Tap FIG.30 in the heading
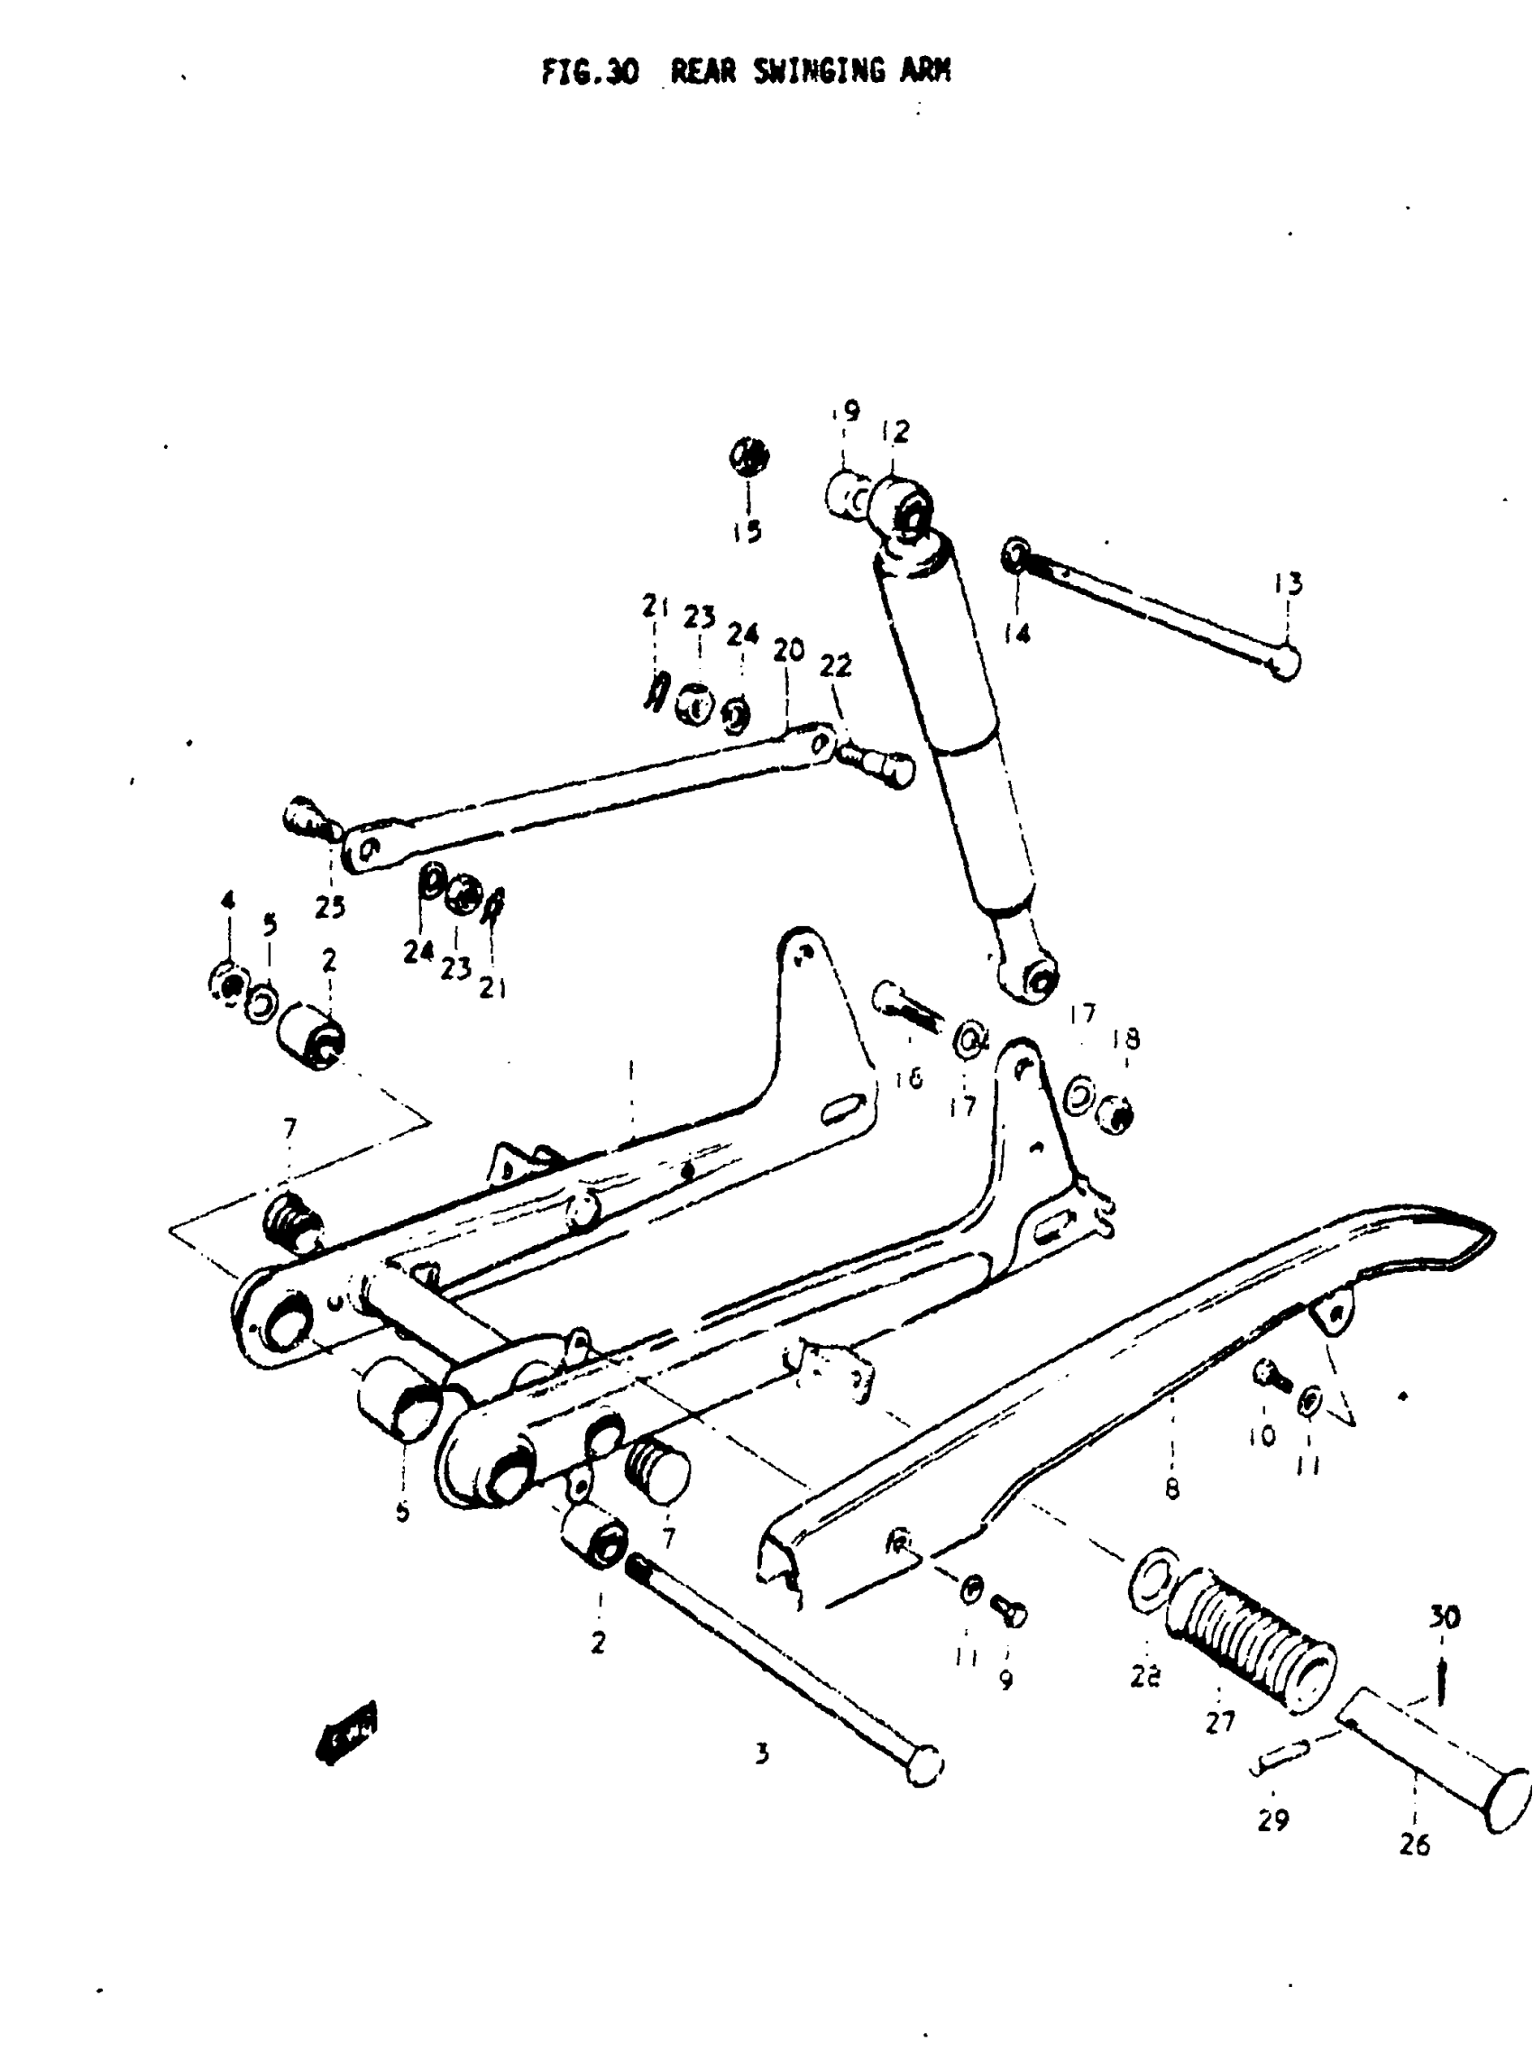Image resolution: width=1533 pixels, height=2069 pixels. click(590, 71)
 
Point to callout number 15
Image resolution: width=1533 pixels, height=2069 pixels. click(746, 531)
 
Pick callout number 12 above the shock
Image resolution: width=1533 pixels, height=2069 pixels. click(895, 433)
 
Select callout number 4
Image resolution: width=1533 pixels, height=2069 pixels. click(227, 899)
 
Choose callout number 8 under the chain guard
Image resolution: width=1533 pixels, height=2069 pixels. click(1172, 1489)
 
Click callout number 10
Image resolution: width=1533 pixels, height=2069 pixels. click(1262, 1435)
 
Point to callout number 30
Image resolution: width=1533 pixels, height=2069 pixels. click(1445, 1617)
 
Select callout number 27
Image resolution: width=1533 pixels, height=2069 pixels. click(1220, 1721)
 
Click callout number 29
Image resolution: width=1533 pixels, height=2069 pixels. click(1273, 1819)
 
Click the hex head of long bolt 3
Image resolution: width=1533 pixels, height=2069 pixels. click(923, 1765)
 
